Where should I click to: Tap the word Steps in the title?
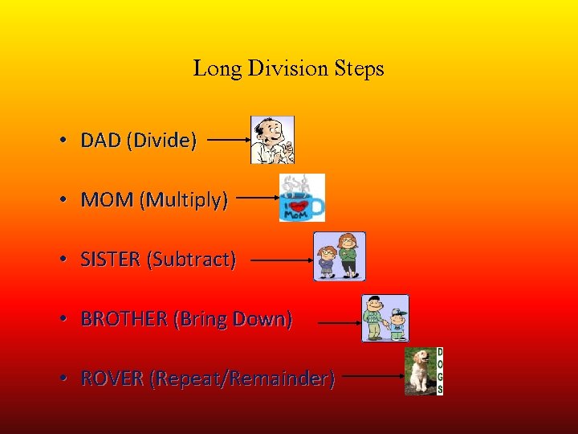coord(360,70)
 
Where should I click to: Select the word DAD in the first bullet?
coord(100,141)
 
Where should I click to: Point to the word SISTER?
coord(110,260)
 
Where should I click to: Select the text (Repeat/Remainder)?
coord(242,379)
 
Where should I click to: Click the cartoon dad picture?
coord(272,140)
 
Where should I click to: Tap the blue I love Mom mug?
coord(302,199)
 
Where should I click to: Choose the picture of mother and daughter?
coord(339,256)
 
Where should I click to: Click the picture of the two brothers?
coord(385,318)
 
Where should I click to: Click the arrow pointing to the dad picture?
coord(229,140)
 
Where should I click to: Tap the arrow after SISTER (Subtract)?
coord(282,260)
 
